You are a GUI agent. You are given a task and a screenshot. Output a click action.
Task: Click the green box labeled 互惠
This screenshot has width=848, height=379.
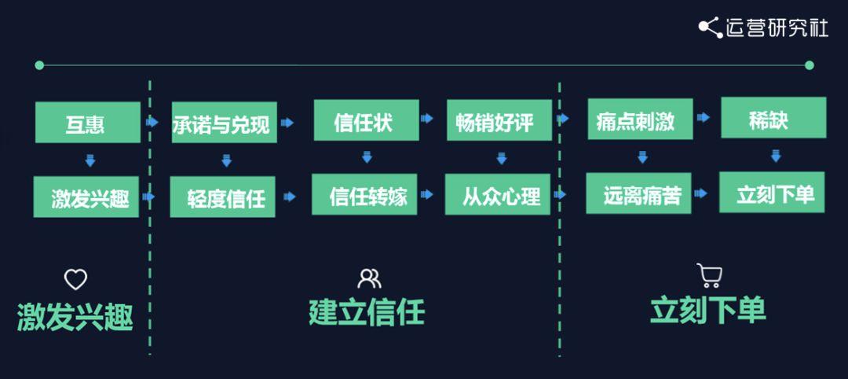pyautogui.click(x=87, y=123)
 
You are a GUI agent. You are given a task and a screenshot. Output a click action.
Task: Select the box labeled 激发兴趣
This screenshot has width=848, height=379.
pyautogui.click(x=86, y=197)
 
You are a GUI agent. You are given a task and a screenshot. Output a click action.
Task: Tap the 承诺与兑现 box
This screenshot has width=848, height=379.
pyautogui.click(x=223, y=123)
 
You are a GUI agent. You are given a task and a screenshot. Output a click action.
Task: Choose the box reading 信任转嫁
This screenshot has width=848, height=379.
pyautogui.click(x=364, y=194)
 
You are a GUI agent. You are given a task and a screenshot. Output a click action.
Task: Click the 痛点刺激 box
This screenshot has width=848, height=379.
pyautogui.click(x=639, y=120)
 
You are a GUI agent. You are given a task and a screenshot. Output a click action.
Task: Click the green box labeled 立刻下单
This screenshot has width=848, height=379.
pyautogui.click(x=772, y=193)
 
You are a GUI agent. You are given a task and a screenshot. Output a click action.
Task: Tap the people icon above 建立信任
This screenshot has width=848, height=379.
pyautogui.click(x=369, y=278)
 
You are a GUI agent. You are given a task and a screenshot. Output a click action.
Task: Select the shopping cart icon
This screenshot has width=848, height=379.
pyautogui.click(x=708, y=275)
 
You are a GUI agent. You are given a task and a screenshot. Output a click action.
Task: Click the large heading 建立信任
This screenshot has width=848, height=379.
pyautogui.click(x=367, y=312)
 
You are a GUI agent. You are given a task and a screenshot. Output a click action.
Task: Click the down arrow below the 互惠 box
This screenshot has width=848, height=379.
pyautogui.click(x=90, y=161)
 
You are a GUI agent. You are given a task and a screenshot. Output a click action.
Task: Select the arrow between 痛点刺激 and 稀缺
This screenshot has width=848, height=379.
pyautogui.click(x=704, y=117)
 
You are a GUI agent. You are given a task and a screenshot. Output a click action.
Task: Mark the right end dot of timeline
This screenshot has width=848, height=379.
pyautogui.click(x=810, y=65)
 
